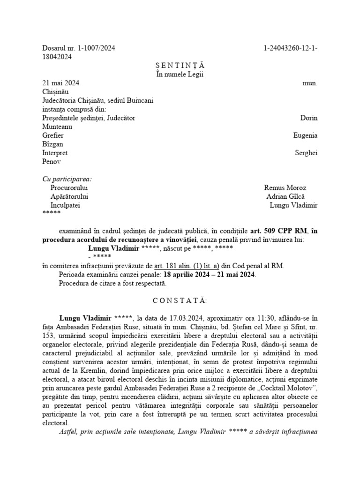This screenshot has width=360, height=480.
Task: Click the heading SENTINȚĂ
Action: pos(180,65)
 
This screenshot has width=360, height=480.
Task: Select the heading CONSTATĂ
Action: pos(180,300)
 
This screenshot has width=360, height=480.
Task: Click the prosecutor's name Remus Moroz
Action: pos(285,187)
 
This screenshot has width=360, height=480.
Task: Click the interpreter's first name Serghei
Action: pos(306,153)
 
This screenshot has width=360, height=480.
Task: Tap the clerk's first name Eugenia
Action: pos(305,135)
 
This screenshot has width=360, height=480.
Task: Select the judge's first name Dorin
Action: pos(308,118)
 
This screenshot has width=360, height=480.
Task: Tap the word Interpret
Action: pos(55,153)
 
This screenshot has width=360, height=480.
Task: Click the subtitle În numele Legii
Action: pos(180,74)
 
